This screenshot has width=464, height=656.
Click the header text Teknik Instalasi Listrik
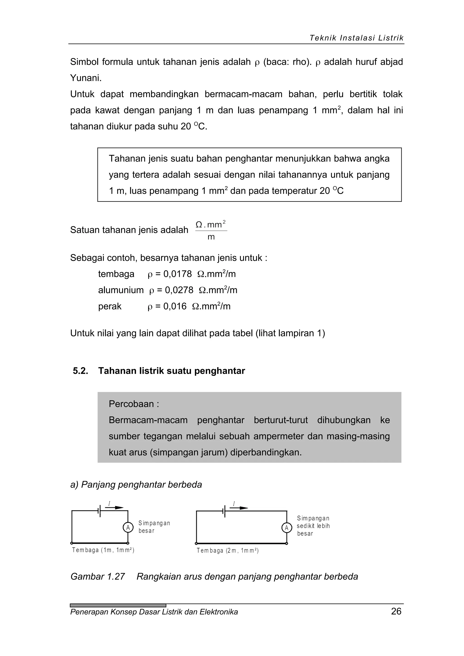click(356, 38)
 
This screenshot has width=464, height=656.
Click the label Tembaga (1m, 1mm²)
click(103, 550)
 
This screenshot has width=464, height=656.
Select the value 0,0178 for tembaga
click(177, 274)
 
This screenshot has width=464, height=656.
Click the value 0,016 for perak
click(175, 306)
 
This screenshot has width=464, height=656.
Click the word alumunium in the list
click(121, 290)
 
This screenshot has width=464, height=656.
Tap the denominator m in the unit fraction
click(211, 237)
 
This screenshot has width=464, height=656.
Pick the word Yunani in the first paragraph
click(85, 78)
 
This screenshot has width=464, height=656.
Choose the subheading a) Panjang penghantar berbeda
click(136, 485)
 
